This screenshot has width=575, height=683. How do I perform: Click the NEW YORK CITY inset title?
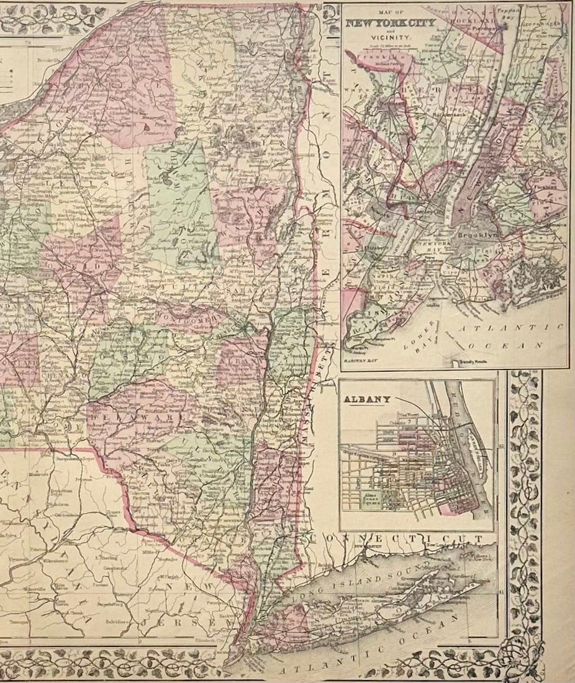coord(391,24)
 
